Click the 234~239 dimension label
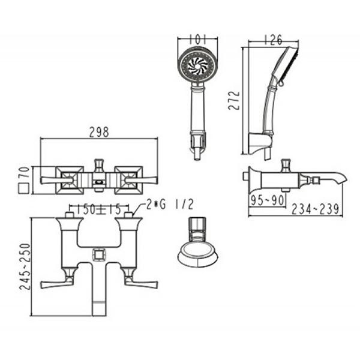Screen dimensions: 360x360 (316, 209)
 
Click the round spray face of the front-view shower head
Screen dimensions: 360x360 (197, 66)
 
